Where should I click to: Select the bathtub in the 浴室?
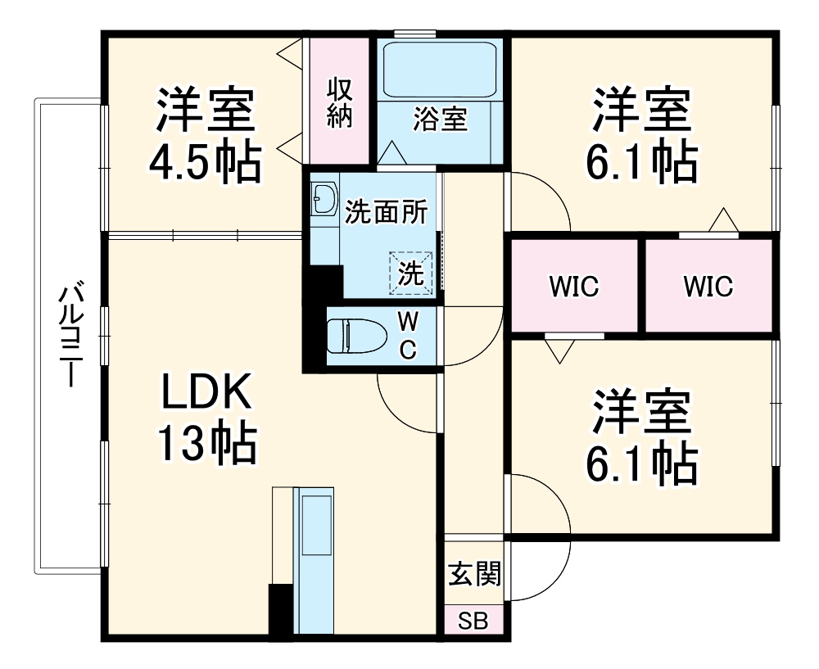point(440,70)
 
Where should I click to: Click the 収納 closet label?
point(339,102)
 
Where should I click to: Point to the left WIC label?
point(574,287)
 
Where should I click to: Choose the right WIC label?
point(708,287)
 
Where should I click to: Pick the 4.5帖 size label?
point(205,163)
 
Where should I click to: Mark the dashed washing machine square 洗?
point(410,273)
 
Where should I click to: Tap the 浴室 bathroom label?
point(440,120)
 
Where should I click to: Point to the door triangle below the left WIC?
point(559,350)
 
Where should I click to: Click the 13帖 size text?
point(206,445)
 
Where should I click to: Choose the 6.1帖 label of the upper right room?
point(641,163)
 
